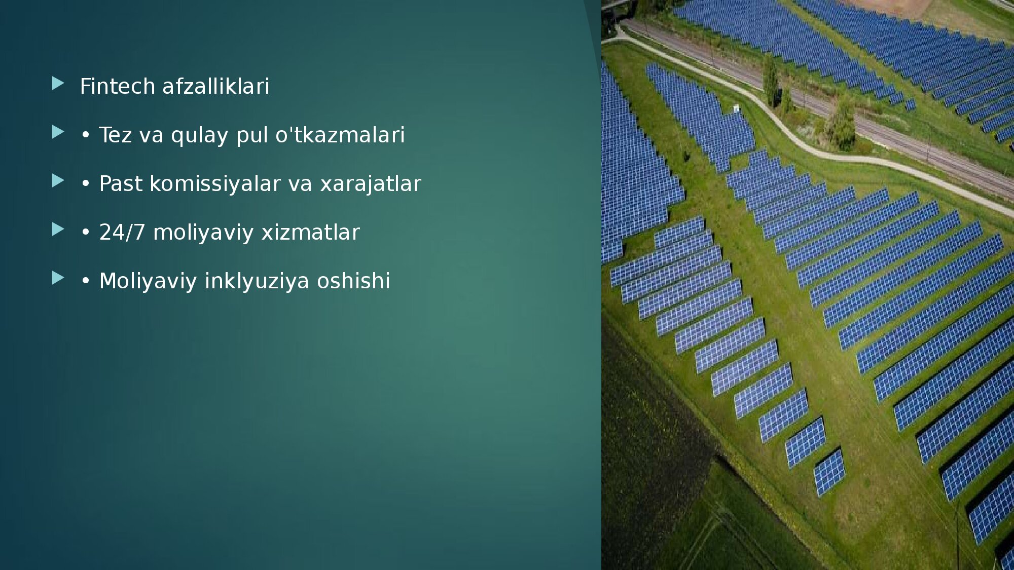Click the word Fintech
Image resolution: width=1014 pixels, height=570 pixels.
[118, 86]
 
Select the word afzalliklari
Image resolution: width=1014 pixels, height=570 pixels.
[216, 86]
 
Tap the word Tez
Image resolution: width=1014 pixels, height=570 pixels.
[115, 135]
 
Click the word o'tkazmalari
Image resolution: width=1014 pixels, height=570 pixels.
[340, 135]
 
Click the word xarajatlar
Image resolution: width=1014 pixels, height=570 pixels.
[371, 184]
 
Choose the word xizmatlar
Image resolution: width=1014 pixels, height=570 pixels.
[310, 232]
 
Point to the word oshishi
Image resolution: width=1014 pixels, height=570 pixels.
[353, 281]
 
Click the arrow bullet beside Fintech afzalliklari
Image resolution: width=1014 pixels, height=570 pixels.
[58, 83]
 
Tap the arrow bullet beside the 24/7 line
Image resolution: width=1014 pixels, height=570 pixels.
[58, 230]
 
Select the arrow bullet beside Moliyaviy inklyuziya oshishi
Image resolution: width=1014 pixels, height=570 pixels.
[58, 278]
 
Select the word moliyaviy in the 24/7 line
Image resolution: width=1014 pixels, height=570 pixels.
[203, 233]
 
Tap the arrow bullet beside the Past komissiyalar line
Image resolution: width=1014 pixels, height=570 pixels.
[58, 180]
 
